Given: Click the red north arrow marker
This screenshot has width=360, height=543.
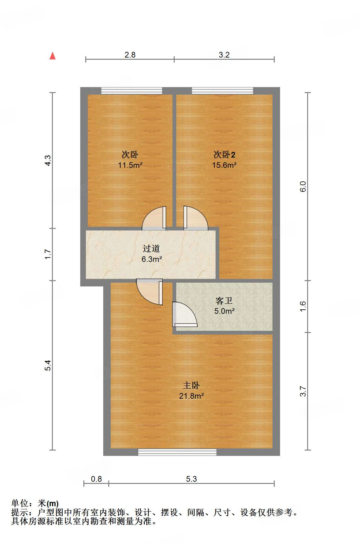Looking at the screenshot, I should tap(53, 56).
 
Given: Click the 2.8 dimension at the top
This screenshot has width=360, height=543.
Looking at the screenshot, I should tap(130, 55).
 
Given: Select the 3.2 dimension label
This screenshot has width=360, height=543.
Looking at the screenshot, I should tap(224, 55).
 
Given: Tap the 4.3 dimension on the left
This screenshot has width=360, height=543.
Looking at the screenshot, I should tap(48, 161).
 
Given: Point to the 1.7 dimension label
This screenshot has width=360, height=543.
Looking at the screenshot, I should tap(48, 254).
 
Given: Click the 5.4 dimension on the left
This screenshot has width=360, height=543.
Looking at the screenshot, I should tap(48, 365).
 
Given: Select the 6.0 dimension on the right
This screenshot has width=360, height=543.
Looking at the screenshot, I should tap(303, 186).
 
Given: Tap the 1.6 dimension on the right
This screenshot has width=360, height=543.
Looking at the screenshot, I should tap(303, 306).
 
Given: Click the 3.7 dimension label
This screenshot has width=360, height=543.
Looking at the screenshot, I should tap(303, 391).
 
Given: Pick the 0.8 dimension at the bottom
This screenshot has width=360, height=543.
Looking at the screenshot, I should tap(96, 479).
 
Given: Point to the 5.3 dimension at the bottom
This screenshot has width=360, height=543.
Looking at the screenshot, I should tap(191, 479).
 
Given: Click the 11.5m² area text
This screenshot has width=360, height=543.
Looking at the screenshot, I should tap(130, 165).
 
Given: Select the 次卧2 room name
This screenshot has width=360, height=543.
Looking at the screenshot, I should tap(224, 155).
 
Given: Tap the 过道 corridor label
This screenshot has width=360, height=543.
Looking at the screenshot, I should tap(151, 249).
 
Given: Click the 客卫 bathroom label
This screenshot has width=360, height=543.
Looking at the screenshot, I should tap(224, 301).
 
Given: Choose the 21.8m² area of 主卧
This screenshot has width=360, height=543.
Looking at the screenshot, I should tap(191, 396).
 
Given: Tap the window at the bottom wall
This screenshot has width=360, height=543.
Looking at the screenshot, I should tap(177, 452).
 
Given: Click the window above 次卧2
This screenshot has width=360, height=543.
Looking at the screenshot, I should tap(222, 91).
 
